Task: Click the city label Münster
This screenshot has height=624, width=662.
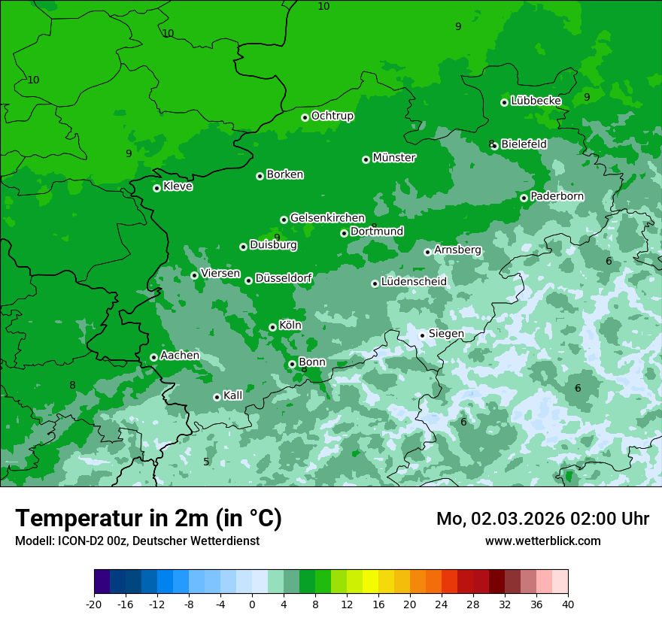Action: tap(394, 158)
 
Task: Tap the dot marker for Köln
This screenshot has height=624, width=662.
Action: tap(272, 327)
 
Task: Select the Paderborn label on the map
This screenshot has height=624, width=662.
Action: tap(557, 196)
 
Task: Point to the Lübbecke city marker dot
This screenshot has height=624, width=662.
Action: tap(504, 102)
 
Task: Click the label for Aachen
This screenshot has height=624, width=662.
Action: tap(180, 356)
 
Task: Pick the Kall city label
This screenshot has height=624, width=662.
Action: tap(233, 395)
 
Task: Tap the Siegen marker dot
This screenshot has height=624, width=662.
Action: tap(422, 335)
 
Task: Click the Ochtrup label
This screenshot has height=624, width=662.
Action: tap(333, 116)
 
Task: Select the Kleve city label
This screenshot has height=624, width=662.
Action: tap(178, 186)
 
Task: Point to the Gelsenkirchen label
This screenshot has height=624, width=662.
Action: tap(327, 218)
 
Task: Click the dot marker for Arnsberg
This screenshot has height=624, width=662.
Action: tap(427, 252)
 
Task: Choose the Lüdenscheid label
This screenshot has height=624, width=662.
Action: tap(414, 282)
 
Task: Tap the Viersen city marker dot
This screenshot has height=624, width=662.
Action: tap(194, 275)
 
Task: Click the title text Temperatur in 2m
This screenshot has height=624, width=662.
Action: tap(148, 518)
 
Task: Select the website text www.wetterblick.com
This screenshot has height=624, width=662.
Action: tap(542, 541)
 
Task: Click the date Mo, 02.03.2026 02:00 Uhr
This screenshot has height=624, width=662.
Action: tap(542, 519)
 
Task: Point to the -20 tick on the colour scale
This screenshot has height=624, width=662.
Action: tap(94, 604)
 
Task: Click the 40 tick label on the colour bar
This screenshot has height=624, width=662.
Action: tap(568, 604)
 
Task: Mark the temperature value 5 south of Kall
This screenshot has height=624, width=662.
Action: tap(206, 462)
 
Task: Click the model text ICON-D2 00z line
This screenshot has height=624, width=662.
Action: tap(137, 541)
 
